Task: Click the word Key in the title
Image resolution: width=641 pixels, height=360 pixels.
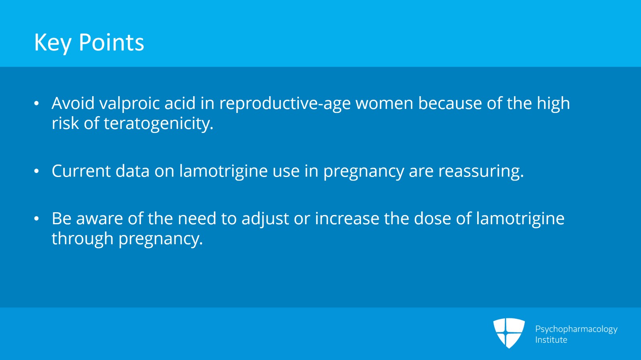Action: pyautogui.click(x=52, y=43)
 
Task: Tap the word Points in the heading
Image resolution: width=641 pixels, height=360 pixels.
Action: pyautogui.click(x=111, y=42)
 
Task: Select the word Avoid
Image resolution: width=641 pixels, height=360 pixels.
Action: pyautogui.click(x=73, y=103)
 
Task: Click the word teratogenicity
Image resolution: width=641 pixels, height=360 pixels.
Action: pyautogui.click(x=159, y=124)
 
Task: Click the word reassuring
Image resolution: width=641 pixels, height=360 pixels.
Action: pyautogui.click(x=481, y=171)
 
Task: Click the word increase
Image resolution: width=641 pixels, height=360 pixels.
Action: pyautogui.click(x=347, y=219)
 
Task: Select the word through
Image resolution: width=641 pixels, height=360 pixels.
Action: pyautogui.click(x=83, y=239)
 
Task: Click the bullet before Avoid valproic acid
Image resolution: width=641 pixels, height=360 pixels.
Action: pyautogui.click(x=36, y=104)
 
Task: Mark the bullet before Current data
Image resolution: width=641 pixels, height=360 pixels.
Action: pyautogui.click(x=36, y=171)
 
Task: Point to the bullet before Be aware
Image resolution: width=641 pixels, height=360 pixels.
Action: pyautogui.click(x=36, y=219)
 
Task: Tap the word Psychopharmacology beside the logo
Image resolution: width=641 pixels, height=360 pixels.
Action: pyautogui.click(x=576, y=329)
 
